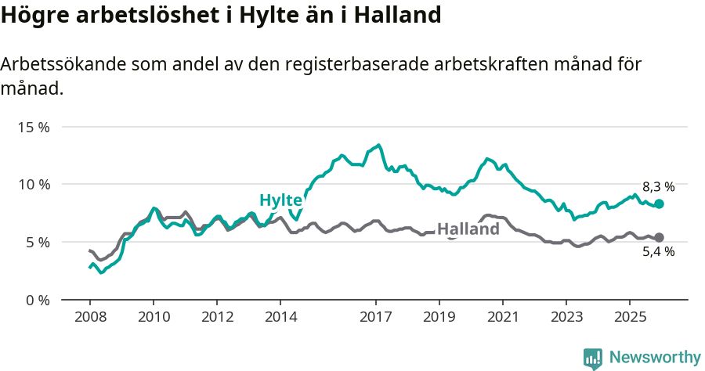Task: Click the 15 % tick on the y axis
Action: [x=34, y=127]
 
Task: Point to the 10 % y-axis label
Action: [x=34, y=185]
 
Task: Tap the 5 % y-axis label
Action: [x=37, y=243]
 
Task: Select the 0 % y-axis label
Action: [x=37, y=301]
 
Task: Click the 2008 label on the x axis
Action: [x=90, y=317]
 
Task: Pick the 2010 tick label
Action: [x=154, y=317]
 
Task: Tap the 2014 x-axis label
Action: [x=280, y=317]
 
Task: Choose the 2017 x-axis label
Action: [x=376, y=317]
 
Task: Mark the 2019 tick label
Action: [x=439, y=317]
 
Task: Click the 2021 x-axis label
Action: [x=502, y=317]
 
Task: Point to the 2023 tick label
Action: [x=566, y=317]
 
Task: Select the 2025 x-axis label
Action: [x=629, y=317]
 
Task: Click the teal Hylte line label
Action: [x=280, y=200]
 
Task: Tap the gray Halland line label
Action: [x=468, y=229]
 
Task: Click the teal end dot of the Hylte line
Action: [x=659, y=204]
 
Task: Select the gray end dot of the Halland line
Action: [x=659, y=237]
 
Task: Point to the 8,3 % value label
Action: [x=658, y=187]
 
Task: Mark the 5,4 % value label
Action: [x=658, y=252]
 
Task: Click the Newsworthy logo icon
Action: [x=593, y=358]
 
